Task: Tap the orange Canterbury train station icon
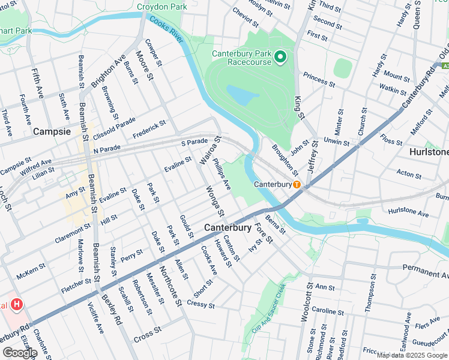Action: pos(297,184)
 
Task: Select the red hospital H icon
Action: pos(17,305)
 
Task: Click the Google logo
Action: pos(19,353)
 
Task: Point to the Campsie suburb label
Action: pos(52,131)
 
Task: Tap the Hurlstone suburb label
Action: pos(429,152)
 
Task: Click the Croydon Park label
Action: pos(161,7)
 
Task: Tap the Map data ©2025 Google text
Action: pos(412,355)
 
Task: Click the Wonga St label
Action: pos(214,200)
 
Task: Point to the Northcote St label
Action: pos(170,284)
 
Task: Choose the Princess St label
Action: pos(319,79)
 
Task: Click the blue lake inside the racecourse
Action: pos(243,94)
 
